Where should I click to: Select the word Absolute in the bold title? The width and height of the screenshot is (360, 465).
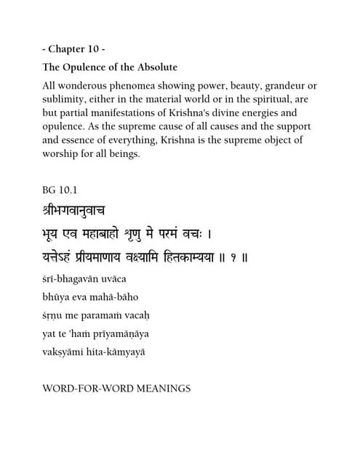tap(154, 68)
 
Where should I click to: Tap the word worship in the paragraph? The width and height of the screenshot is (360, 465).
tap(64, 153)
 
